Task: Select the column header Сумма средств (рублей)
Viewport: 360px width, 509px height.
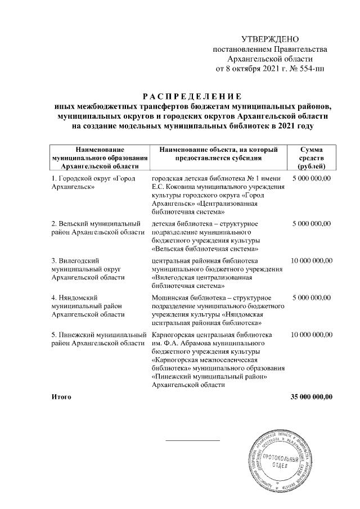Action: [311, 157]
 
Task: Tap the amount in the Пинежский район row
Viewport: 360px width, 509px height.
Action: [311, 335]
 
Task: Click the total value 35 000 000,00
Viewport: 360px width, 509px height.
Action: [311, 397]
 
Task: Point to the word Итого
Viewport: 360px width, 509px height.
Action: [61, 397]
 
